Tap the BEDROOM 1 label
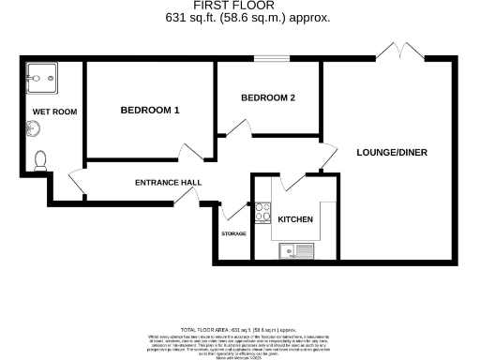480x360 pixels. tap(150, 111)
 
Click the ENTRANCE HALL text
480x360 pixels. tap(168, 182)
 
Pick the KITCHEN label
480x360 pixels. tap(295, 219)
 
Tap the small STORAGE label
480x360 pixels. tap(233, 233)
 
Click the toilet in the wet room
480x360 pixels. tap(40, 160)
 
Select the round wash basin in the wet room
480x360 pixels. tap(26, 133)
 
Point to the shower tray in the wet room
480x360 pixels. tap(42, 79)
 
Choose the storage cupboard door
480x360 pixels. tap(232, 209)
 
